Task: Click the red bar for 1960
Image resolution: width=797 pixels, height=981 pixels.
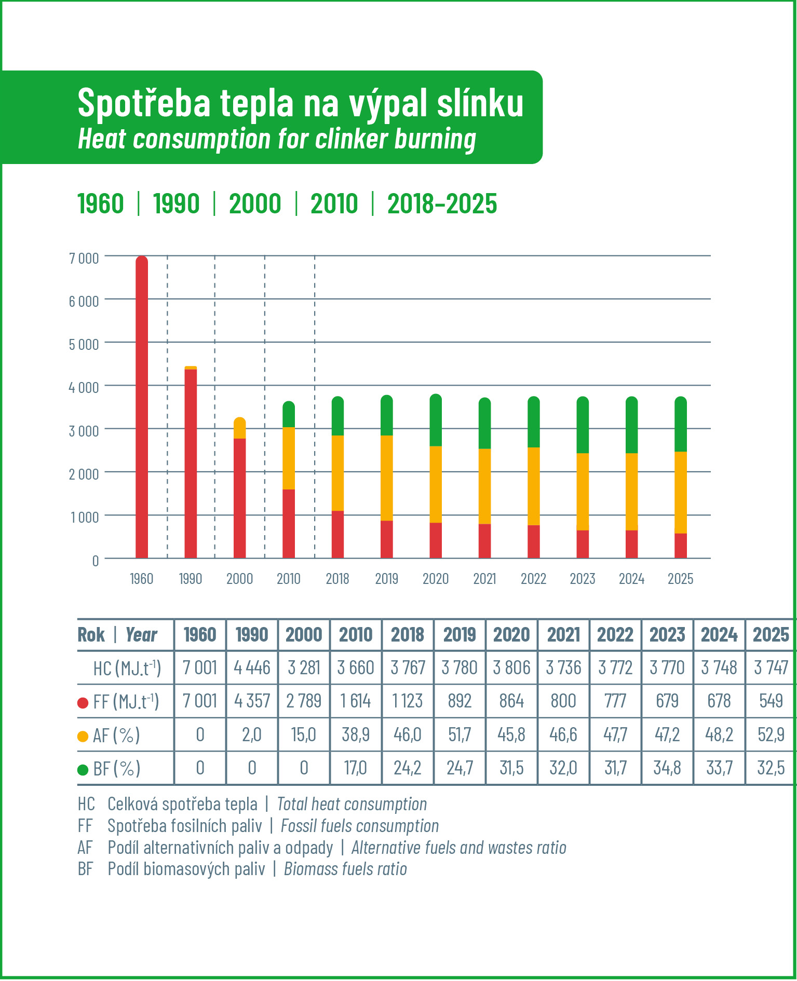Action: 142,407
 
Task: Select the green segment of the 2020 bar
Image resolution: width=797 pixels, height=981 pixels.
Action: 436,420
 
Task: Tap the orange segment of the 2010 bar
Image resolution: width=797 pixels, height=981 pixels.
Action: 289,458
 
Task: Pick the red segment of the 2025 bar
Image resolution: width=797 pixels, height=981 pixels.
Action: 681,546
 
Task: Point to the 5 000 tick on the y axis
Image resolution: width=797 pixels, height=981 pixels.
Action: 84,344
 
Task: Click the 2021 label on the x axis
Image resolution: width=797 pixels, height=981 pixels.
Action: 484,579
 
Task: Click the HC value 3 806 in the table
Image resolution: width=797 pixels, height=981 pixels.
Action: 511,667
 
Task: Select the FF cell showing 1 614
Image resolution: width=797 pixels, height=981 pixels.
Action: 356,701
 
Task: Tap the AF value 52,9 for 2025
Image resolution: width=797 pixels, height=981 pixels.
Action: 771,734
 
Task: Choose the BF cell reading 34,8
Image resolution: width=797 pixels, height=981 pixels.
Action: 667,768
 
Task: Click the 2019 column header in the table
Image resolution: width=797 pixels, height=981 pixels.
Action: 460,634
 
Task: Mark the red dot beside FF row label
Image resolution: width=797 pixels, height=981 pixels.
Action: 83,703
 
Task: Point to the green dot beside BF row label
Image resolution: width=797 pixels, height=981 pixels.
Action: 83,769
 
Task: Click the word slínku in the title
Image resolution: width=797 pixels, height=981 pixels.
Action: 480,103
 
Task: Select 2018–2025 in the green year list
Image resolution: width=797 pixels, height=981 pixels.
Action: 442,203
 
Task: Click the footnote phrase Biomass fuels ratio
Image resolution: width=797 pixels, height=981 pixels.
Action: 345,869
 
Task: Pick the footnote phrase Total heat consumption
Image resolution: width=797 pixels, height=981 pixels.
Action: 352,804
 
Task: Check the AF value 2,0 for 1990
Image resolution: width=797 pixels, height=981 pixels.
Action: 252,734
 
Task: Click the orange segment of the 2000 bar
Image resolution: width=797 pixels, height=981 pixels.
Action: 240,428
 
